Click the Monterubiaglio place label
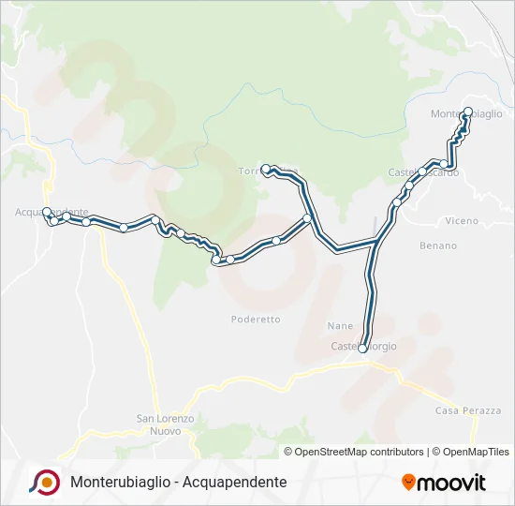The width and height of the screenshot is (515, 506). [466, 114]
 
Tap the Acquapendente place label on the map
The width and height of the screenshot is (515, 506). [51, 212]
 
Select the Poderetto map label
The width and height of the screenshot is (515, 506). [256, 320]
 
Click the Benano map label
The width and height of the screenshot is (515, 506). [438, 246]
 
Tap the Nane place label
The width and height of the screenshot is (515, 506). [340, 325]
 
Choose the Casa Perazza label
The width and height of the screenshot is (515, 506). [468, 411]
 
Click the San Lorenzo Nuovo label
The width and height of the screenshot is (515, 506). [165, 424]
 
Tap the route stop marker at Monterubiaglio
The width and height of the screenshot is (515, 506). [468, 112]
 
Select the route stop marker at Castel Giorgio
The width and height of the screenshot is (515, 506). [362, 348]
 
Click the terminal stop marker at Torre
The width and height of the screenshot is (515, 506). [266, 169]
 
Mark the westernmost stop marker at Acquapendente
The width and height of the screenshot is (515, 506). [47, 212]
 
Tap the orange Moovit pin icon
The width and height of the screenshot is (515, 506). [408, 483]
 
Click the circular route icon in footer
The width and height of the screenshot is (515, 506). [45, 482]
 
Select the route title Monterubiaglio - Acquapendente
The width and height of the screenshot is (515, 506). [178, 483]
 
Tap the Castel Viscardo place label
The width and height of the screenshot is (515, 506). [423, 173]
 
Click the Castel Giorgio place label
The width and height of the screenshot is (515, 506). [364, 347]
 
